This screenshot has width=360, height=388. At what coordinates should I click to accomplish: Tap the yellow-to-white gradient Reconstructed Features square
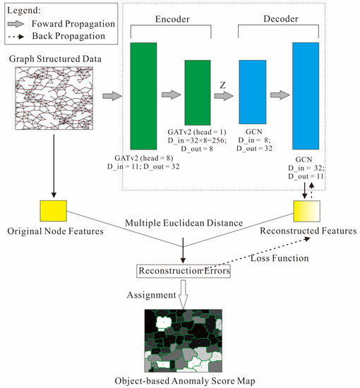click(x=306, y=210)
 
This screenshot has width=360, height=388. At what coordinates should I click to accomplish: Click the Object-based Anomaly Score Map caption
click(x=183, y=380)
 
